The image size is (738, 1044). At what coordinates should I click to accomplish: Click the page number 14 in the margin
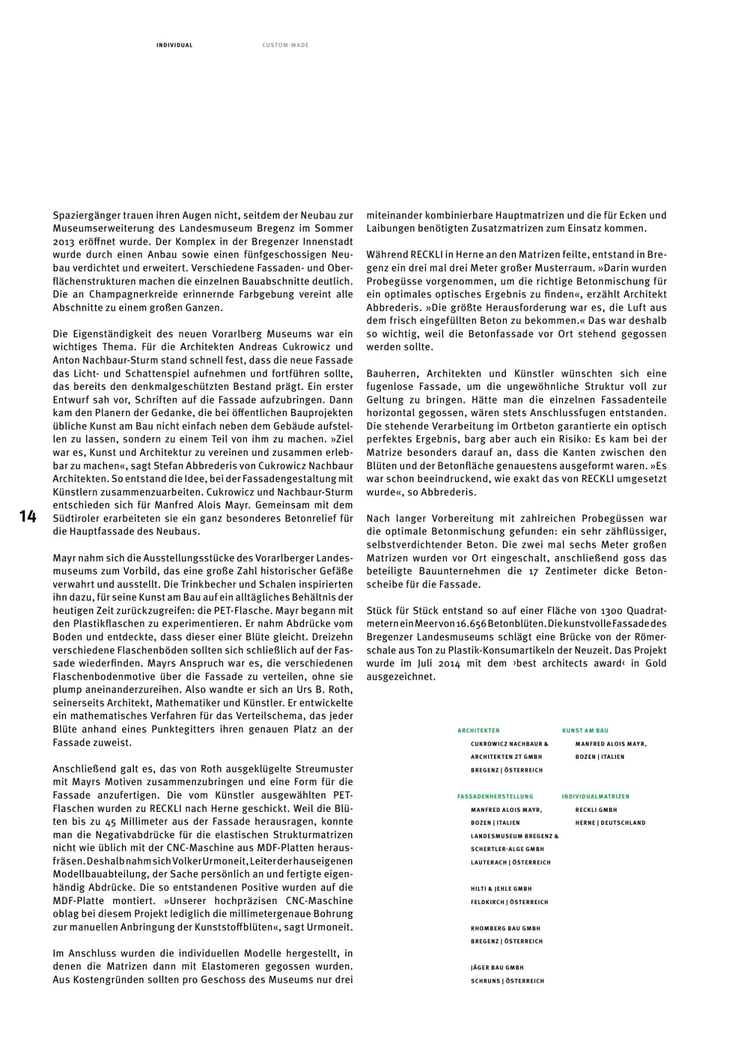click(x=27, y=517)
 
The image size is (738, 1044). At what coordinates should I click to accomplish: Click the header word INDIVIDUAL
click(x=174, y=45)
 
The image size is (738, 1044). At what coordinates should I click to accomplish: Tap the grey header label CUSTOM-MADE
click(x=285, y=45)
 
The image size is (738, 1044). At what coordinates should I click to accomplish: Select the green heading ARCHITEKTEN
click(x=479, y=730)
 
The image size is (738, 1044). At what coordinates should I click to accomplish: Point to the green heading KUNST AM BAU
click(x=585, y=730)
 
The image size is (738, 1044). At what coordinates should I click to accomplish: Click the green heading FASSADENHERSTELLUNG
click(x=495, y=796)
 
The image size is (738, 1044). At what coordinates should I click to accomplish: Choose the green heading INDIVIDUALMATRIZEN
click(x=595, y=796)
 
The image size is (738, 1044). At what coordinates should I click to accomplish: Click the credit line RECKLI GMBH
click(x=596, y=809)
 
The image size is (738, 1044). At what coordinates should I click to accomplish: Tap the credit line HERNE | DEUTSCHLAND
click(x=610, y=823)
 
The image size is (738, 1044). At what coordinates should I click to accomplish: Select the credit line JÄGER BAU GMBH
click(x=497, y=968)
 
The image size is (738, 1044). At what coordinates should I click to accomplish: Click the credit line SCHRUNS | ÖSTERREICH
click(x=507, y=981)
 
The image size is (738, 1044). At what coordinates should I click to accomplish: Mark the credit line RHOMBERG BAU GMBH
click(x=505, y=928)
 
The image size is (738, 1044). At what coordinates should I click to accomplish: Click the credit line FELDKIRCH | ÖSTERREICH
click(x=509, y=902)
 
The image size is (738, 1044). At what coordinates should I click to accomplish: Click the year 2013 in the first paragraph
click(x=63, y=242)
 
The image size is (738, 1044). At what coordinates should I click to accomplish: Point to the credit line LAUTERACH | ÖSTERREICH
click(x=510, y=862)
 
